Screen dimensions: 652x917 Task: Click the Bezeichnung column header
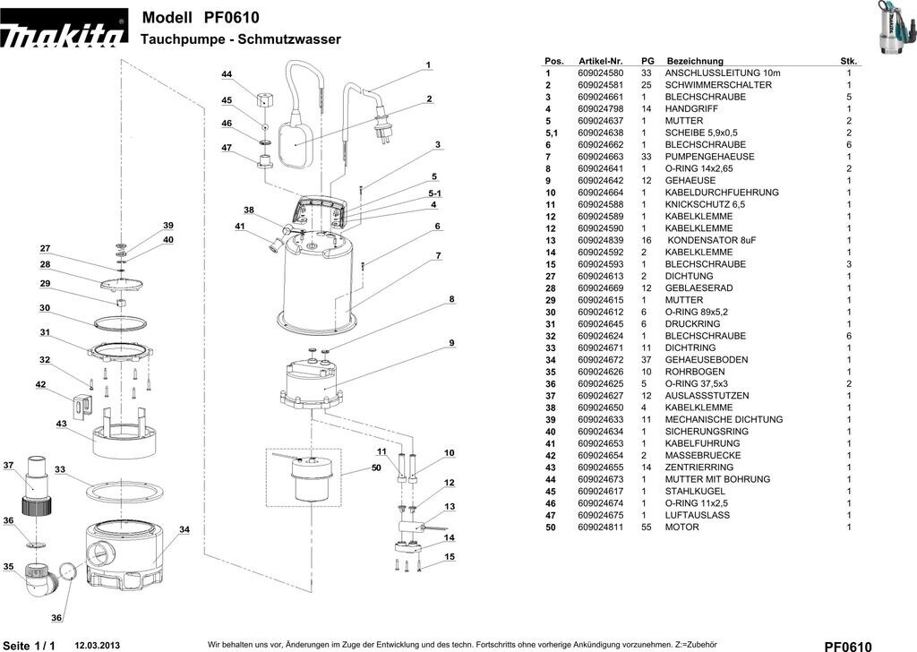pos(694,61)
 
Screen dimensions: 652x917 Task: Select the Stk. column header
pos(848,61)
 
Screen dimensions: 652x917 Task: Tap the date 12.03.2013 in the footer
pos(97,644)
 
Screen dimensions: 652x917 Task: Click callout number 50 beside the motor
pos(376,468)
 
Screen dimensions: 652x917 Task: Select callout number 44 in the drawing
pos(227,73)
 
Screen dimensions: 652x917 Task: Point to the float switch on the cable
pos(296,143)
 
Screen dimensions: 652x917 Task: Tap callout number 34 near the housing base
pos(184,529)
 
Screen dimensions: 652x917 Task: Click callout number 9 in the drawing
pos(452,343)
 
